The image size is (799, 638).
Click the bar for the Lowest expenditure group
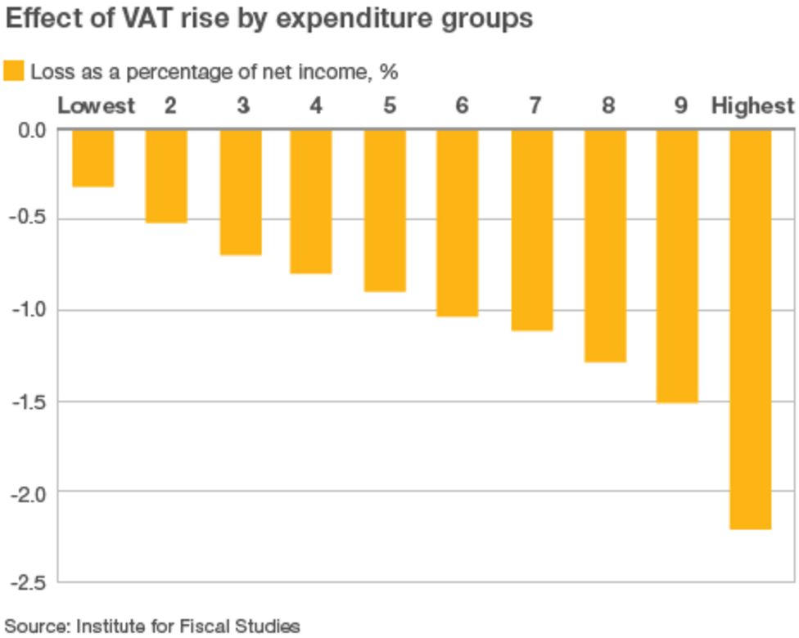tap(93, 159)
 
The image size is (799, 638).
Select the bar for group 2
tap(166, 176)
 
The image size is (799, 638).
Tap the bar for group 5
tap(385, 210)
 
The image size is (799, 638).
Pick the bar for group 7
tap(532, 230)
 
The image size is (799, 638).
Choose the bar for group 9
tap(678, 266)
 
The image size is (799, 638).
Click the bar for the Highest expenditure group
tap(751, 329)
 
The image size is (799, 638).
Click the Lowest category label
tap(96, 106)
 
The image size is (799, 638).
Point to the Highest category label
tap(752, 106)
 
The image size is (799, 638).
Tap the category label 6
tap(462, 106)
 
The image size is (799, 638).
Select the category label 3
tap(242, 106)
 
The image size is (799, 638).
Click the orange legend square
tap(14, 71)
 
